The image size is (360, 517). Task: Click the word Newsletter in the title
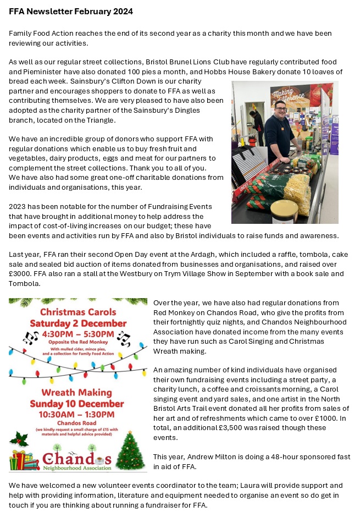coord(54,12)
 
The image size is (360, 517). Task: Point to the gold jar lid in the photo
coord(285,207)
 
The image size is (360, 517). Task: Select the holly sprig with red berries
coord(20,438)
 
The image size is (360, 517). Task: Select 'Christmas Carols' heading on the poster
coord(77,311)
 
